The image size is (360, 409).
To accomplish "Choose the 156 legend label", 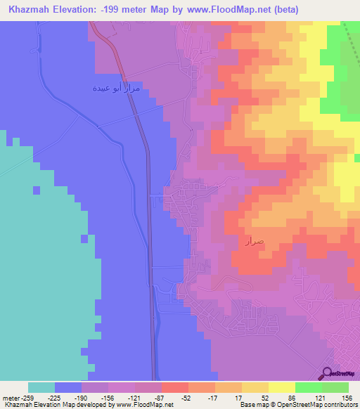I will point(346,396).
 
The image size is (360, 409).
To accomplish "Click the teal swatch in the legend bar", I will point(41,387).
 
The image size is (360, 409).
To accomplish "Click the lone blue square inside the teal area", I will point(85,238).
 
